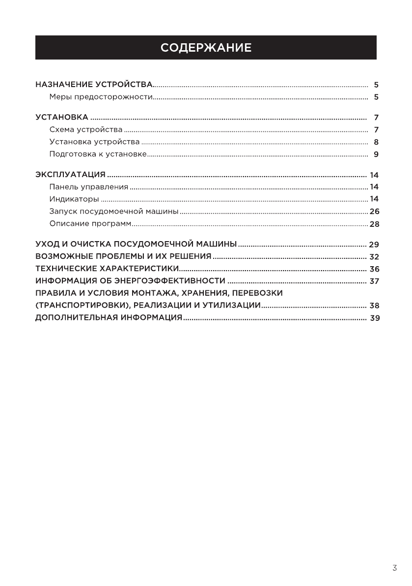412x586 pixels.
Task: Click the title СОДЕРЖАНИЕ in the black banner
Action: click(206, 48)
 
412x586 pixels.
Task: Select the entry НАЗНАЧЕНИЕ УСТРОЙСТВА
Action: click(94, 85)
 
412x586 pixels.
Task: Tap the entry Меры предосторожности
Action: click(101, 97)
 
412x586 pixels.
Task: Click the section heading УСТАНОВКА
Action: click(62, 118)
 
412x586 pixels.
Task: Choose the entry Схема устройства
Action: click(86, 130)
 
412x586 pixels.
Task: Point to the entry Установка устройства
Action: click(94, 142)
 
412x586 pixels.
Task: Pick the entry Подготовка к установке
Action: click(98, 154)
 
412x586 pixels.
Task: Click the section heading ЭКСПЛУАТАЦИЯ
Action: click(71, 175)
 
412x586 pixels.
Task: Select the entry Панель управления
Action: click(88, 187)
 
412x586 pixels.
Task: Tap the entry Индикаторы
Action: click(74, 199)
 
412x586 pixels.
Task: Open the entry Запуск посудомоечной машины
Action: click(113, 212)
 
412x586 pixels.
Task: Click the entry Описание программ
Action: click(90, 224)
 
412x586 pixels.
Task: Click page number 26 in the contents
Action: click(375, 212)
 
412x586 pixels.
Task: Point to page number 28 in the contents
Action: click(375, 224)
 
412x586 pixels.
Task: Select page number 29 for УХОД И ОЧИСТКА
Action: click(374, 245)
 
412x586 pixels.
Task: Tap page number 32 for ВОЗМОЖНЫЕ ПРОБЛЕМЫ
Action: click(374, 257)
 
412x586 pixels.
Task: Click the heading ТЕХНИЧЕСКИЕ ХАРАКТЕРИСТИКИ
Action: click(106, 269)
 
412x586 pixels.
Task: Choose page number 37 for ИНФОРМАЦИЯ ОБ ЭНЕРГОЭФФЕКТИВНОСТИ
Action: click(374, 281)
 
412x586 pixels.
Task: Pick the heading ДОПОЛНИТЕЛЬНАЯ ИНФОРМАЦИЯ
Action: click(109, 318)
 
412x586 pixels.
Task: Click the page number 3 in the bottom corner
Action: click(394, 568)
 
